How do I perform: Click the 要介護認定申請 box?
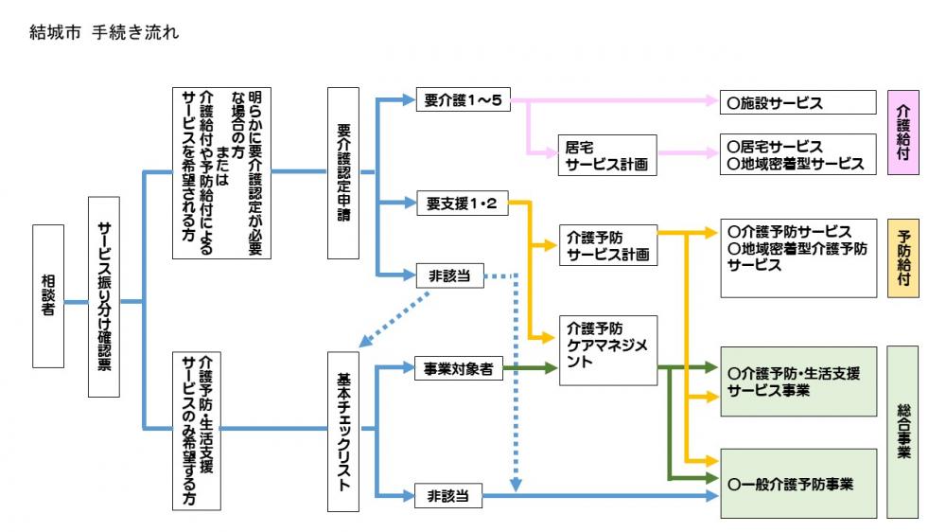point(343,173)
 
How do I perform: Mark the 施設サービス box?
point(797,101)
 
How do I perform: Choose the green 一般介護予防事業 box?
point(797,483)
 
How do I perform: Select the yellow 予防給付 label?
point(902,257)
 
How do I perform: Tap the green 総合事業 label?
point(902,431)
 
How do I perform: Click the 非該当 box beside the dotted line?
point(449,277)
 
